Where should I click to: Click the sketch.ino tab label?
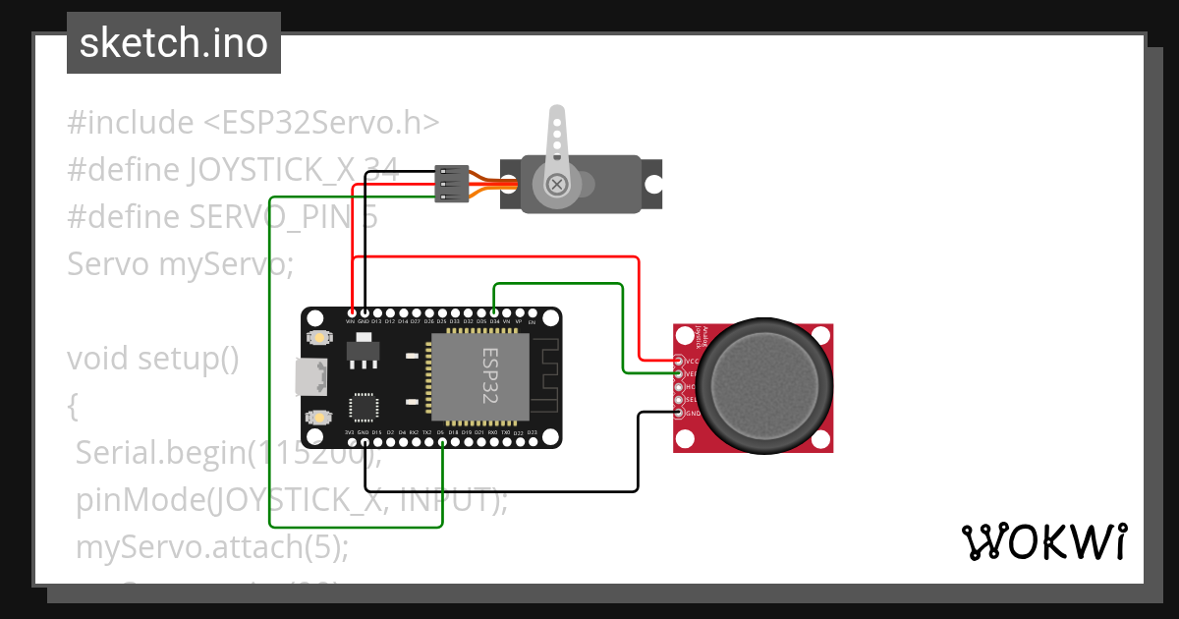(174, 43)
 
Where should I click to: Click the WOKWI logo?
(1043, 541)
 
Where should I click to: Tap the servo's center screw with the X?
(557, 184)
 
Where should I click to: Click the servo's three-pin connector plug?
(450, 184)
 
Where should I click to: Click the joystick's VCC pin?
(678, 361)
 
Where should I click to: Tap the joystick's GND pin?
(678, 413)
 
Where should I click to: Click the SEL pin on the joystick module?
(678, 400)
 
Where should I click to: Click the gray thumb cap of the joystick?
(763, 382)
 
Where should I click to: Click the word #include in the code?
(131, 123)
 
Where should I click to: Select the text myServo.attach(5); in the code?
(212, 546)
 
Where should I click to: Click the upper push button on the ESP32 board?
(318, 338)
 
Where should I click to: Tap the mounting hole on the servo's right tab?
(650, 184)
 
